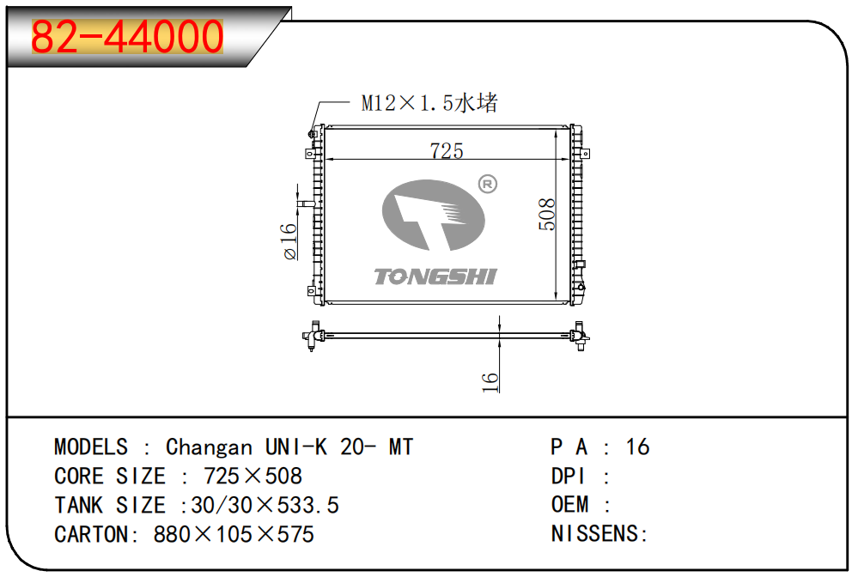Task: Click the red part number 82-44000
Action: point(127,37)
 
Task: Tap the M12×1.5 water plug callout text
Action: point(429,103)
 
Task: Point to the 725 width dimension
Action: point(447,150)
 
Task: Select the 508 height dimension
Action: point(546,214)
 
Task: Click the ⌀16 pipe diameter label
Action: point(289,241)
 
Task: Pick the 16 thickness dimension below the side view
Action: point(490,382)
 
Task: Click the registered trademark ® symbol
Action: point(487,185)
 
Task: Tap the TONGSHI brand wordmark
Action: point(435,276)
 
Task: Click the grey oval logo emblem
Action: point(433,216)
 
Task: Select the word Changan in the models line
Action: point(210,447)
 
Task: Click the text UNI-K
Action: point(296,447)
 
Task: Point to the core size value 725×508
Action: point(253,477)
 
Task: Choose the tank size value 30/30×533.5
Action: point(265,505)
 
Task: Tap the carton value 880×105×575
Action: point(234,535)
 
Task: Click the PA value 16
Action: point(637,447)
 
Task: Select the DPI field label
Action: point(568,477)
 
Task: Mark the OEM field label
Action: point(569,505)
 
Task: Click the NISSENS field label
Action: point(594,533)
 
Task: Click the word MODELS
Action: point(91,447)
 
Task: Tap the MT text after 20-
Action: point(401,447)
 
